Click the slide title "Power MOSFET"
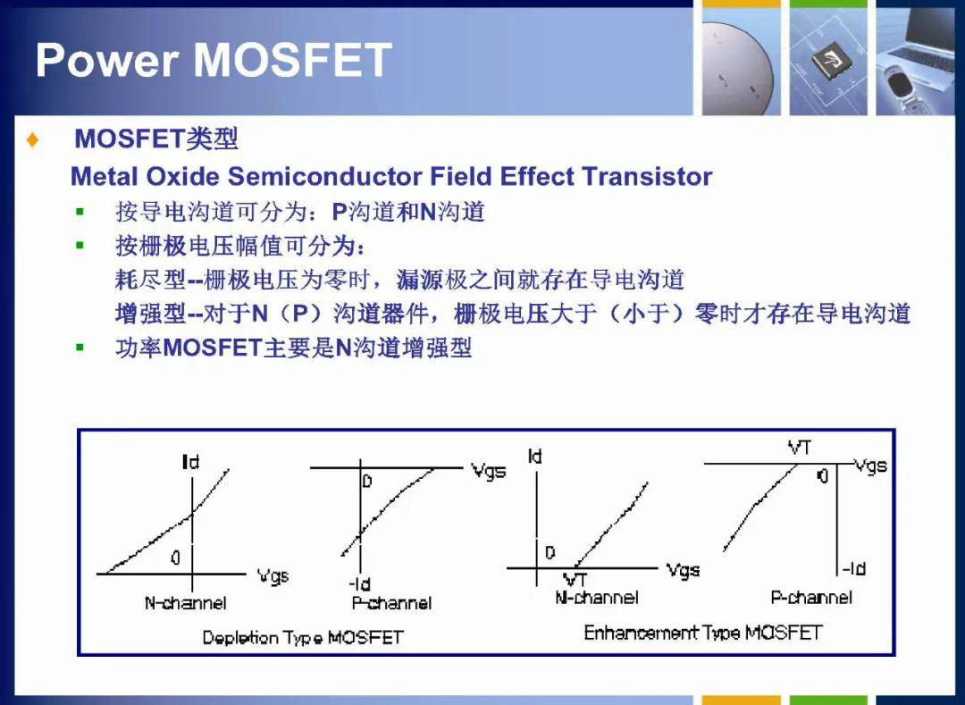click(214, 60)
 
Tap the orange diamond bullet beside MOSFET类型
click(33, 139)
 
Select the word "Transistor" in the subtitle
click(647, 177)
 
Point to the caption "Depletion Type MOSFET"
click(303, 637)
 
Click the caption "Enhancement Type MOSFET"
click(703, 633)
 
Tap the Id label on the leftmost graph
click(191, 461)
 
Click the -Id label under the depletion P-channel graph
click(359, 583)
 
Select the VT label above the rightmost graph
click(800, 448)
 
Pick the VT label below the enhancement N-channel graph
click(575, 580)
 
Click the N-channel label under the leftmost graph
click(185, 603)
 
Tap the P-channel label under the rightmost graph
click(811, 597)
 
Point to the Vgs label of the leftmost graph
click(273, 576)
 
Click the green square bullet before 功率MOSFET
click(80, 348)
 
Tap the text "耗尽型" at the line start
click(150, 280)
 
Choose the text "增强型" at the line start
click(150, 314)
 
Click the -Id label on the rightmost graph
click(853, 569)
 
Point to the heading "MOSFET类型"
click(156, 139)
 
